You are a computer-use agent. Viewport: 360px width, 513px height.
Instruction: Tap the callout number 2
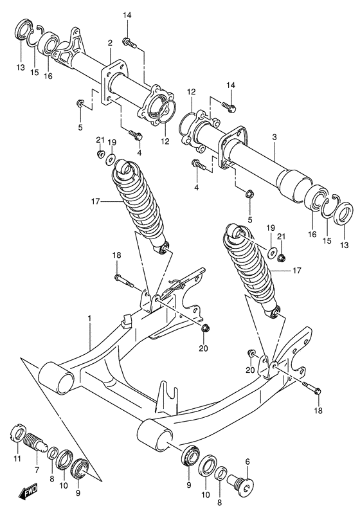[x=110, y=43]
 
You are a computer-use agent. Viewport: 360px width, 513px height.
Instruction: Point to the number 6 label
[x=247, y=462]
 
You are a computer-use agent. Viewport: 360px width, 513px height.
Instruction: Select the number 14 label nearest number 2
[x=127, y=15]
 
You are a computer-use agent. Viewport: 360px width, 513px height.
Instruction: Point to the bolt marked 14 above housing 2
[x=130, y=42]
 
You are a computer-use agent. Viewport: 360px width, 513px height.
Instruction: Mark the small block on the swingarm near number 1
[x=126, y=318]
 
